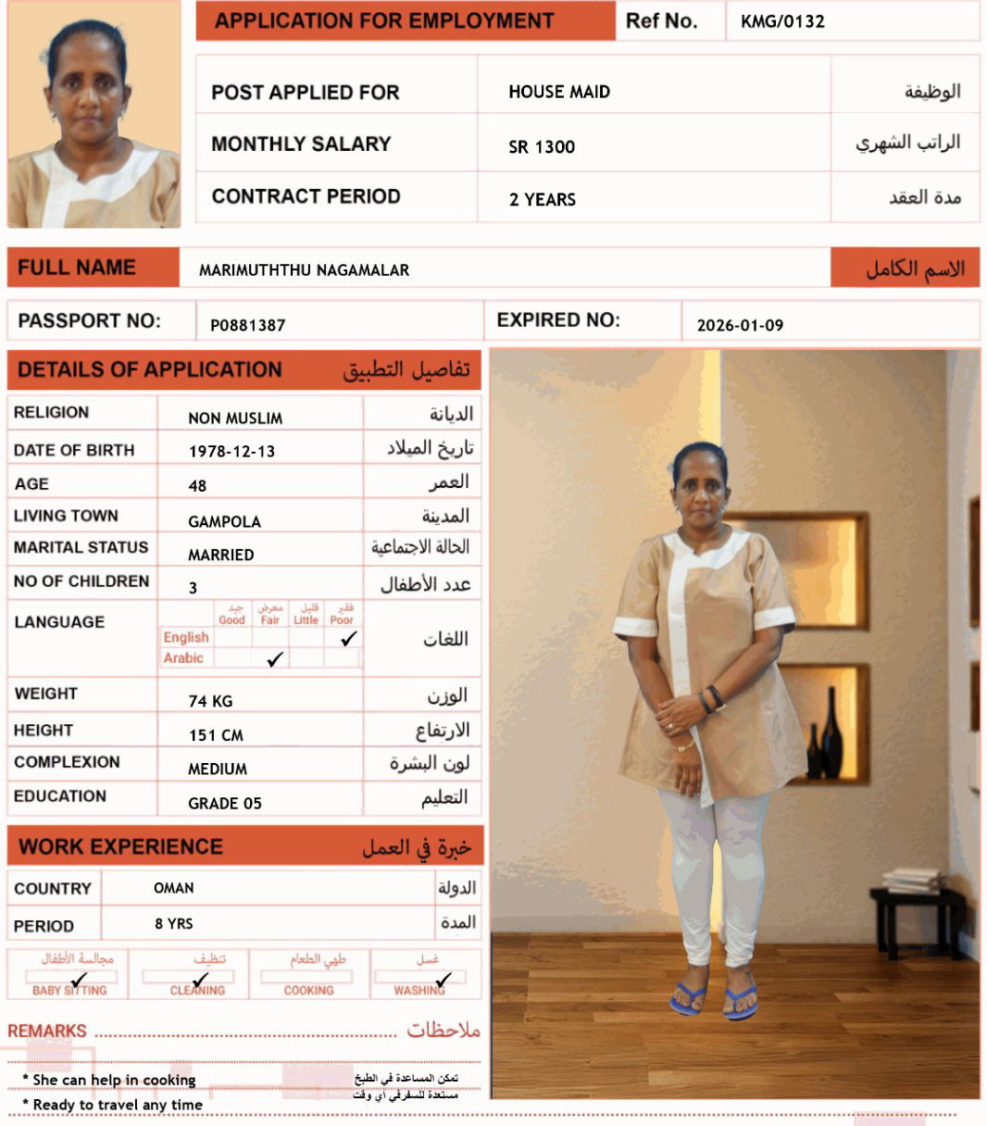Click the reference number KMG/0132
pyautogui.click(x=782, y=22)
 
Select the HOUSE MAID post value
pyautogui.click(x=559, y=92)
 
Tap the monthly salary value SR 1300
pyautogui.click(x=542, y=146)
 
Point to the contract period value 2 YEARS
pyautogui.click(x=543, y=199)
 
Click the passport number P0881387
pyautogui.click(x=247, y=325)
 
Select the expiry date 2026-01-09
pyautogui.click(x=740, y=325)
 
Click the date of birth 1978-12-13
pyautogui.click(x=231, y=451)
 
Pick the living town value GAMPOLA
pyautogui.click(x=224, y=521)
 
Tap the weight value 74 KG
pyautogui.click(x=210, y=701)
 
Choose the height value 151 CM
pyautogui.click(x=216, y=735)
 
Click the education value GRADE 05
pyautogui.click(x=225, y=803)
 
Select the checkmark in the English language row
pyautogui.click(x=349, y=638)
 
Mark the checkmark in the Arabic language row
pyautogui.click(x=275, y=659)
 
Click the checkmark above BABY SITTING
pyautogui.click(x=79, y=979)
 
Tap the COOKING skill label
pyautogui.click(x=309, y=991)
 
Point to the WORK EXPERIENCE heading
pyautogui.click(x=120, y=846)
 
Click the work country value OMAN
pyautogui.click(x=174, y=888)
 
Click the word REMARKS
pyautogui.click(x=47, y=1031)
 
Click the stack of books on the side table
pyautogui.click(x=911, y=879)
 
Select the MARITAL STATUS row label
pyautogui.click(x=81, y=547)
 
